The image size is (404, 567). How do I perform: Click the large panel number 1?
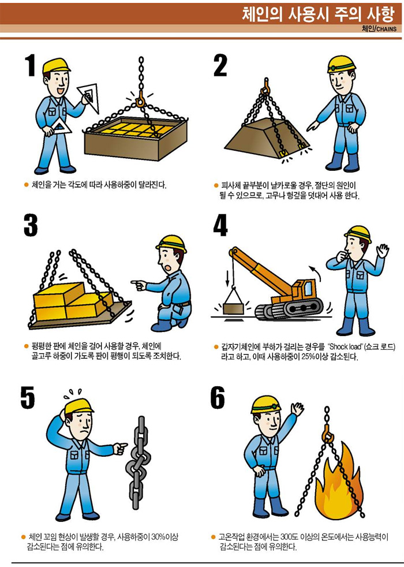[31, 65]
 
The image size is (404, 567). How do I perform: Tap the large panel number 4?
[220, 225]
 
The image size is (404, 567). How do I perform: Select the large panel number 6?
[218, 397]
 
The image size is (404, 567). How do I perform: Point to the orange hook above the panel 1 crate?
[140, 99]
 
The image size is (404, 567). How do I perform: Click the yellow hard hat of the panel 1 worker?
[56, 65]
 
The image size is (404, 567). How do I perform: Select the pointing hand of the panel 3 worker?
[139, 285]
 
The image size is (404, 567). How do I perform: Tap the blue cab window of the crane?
[309, 288]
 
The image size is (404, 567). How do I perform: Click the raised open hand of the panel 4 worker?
[381, 250]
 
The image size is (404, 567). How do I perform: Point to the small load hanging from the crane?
[233, 309]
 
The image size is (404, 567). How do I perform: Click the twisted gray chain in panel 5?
[137, 463]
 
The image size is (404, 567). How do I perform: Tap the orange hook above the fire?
[327, 434]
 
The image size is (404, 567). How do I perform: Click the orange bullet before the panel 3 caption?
[26, 346]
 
